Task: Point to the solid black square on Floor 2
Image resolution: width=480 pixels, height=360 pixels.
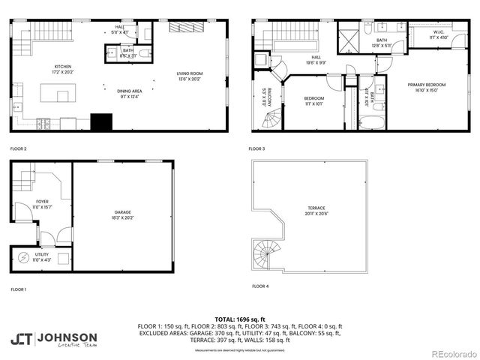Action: tap(100, 121)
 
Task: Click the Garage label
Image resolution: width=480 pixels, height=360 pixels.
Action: tap(121, 214)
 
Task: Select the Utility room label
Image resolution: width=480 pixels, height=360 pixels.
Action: tap(42, 256)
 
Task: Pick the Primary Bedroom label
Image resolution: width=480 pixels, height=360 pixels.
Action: tap(427, 87)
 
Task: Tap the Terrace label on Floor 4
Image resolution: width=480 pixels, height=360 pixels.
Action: tap(316, 210)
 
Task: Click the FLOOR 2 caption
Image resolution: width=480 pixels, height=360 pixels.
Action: tap(18, 148)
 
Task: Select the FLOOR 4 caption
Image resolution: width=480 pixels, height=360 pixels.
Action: tap(259, 286)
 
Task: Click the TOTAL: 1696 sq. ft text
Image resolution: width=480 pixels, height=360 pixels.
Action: tap(239, 319)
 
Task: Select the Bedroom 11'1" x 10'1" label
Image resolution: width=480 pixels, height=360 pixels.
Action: tap(313, 101)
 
